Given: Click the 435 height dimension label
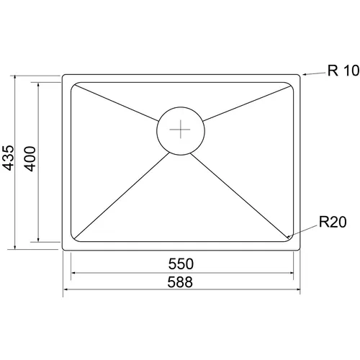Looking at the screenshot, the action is pos(8,158).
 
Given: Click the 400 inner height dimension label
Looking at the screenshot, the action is pos(30,158).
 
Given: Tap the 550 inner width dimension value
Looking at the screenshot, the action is pos(181,264).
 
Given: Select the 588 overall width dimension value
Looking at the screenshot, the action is pos(180,282).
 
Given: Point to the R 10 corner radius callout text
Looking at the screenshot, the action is pos(343,71).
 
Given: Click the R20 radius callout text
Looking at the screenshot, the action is pos(333,222).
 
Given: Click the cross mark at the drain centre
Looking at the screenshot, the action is pos(180,130).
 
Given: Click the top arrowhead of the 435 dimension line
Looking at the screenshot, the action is pos(15,77).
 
